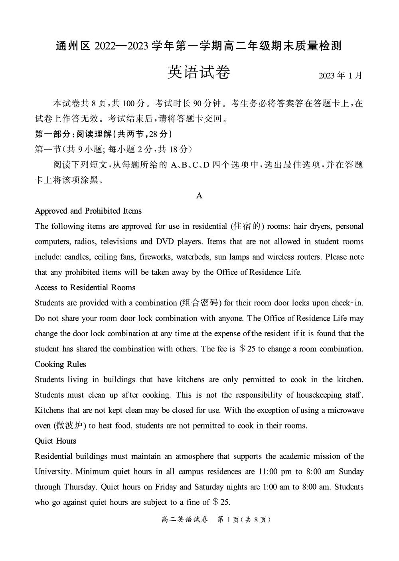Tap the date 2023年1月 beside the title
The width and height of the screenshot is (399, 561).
[x=340, y=75]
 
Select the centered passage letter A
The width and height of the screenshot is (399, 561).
[x=199, y=196]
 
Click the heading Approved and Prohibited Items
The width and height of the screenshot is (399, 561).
[x=88, y=211]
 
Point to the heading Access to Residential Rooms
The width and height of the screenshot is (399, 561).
[x=85, y=287]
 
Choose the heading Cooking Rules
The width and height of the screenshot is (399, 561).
[x=60, y=364]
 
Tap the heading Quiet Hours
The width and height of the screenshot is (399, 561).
[x=55, y=441]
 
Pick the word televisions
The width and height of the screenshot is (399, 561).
[x=119, y=242]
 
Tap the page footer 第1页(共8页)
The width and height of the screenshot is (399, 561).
[x=244, y=519]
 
